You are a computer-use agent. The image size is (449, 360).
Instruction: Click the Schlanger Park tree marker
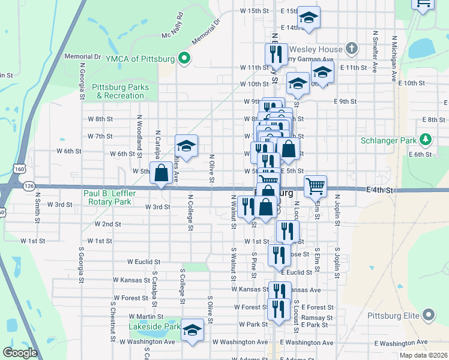426,140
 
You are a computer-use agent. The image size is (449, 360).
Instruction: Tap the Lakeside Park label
154,327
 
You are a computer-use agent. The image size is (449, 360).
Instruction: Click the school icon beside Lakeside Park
192,331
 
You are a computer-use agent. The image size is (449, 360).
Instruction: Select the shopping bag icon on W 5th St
161,173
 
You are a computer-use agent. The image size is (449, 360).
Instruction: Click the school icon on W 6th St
186,146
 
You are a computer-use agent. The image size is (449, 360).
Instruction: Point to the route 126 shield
29,186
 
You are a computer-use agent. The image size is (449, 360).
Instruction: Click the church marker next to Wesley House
352,49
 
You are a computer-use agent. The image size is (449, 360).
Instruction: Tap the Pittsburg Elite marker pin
428,314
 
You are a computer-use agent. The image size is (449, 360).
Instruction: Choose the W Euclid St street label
143,262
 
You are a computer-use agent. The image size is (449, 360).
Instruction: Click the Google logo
20,353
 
